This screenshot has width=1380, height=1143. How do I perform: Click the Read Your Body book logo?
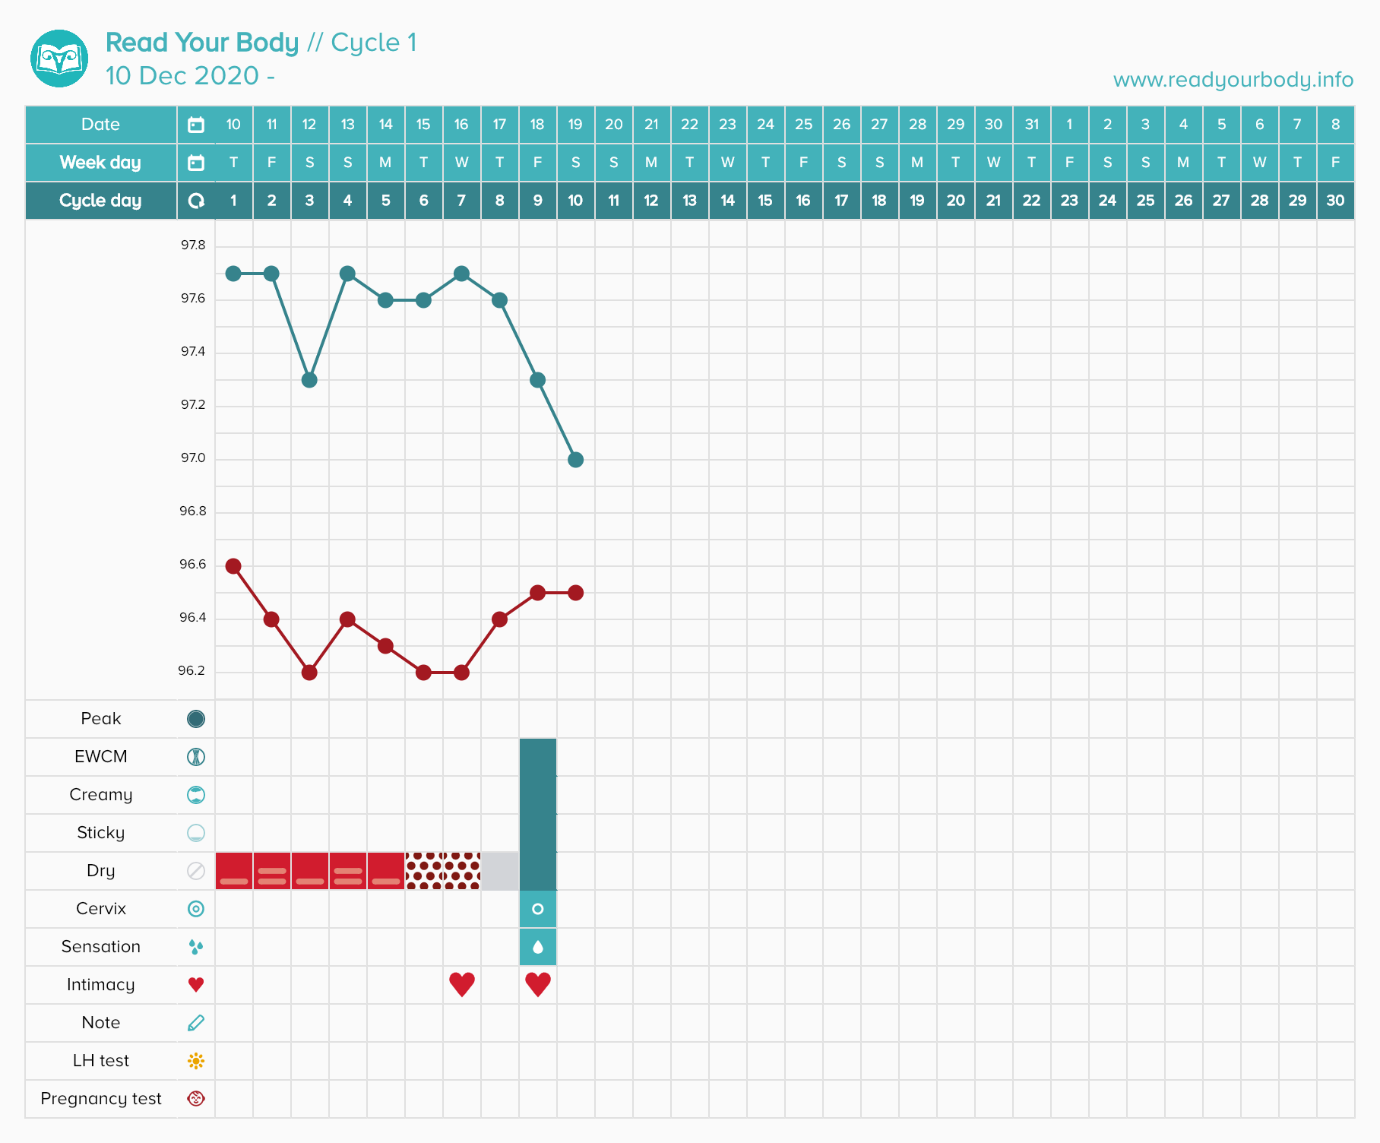[x=59, y=59]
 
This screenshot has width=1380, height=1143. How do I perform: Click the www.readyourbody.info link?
[x=1233, y=80]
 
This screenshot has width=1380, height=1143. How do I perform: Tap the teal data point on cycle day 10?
[x=575, y=460]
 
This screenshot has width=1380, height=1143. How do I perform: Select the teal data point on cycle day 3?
[x=309, y=380]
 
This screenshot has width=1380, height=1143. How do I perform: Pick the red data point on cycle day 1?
[x=233, y=566]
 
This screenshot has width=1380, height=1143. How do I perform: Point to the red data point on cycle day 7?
[x=461, y=673]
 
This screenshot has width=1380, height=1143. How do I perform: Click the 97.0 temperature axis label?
[x=193, y=458]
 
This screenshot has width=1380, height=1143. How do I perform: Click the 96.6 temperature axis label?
[x=193, y=565]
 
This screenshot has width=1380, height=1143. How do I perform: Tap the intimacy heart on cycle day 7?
[x=462, y=984]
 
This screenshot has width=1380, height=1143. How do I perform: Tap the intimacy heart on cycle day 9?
[x=538, y=984]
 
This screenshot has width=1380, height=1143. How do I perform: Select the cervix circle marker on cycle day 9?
[x=538, y=909]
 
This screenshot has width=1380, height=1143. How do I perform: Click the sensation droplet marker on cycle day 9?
[x=538, y=947]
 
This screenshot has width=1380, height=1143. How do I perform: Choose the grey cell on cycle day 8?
[x=500, y=871]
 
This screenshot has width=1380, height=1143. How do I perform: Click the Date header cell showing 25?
[x=803, y=125]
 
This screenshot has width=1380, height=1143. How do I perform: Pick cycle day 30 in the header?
[x=1335, y=201]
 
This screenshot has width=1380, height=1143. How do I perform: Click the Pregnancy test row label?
[x=101, y=1099]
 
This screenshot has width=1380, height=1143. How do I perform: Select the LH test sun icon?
[x=196, y=1061]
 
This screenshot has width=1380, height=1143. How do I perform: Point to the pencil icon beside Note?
[x=196, y=1023]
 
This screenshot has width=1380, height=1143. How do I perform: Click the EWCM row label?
[x=101, y=757]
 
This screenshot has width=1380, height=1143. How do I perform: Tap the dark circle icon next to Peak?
[x=196, y=719]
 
